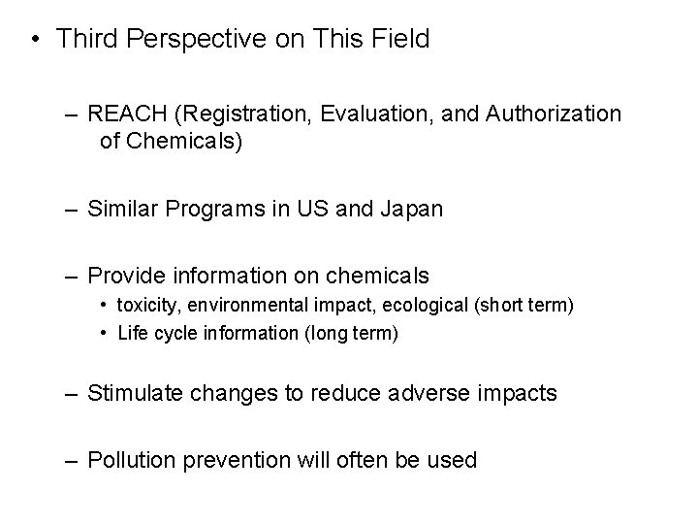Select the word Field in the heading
click(x=397, y=39)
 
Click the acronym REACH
click(x=123, y=115)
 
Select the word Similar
click(x=121, y=209)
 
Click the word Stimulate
click(x=131, y=393)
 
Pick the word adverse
click(x=424, y=393)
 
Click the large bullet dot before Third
click(x=35, y=40)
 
